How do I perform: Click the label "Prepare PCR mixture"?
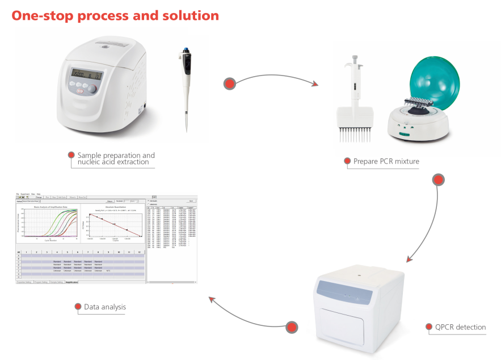coord(386,162)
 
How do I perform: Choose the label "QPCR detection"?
coord(460,327)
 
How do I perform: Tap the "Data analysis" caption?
coord(105,307)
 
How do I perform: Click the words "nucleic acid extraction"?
coord(113,162)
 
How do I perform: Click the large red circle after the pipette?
coord(230,83)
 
